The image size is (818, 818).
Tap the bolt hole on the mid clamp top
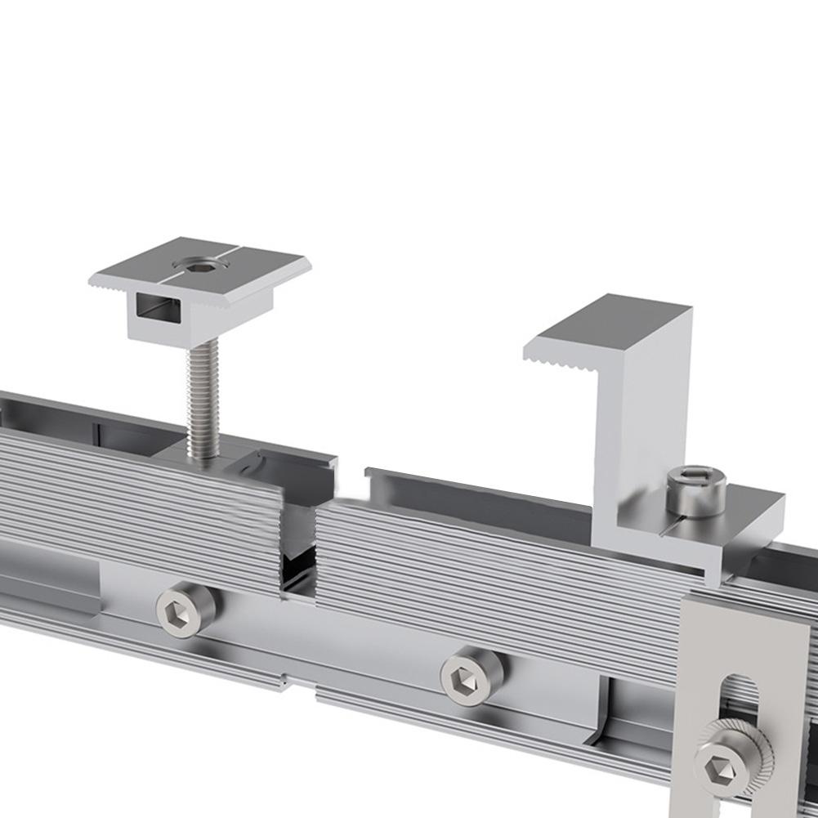[198, 264]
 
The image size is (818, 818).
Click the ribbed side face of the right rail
[490, 572]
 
